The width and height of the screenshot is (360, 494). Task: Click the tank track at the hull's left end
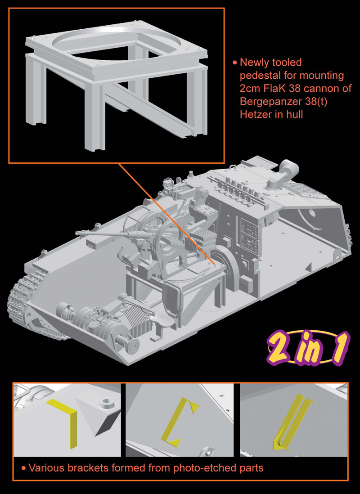[x=20, y=297]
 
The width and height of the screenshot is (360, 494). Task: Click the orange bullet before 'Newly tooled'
[x=234, y=63]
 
